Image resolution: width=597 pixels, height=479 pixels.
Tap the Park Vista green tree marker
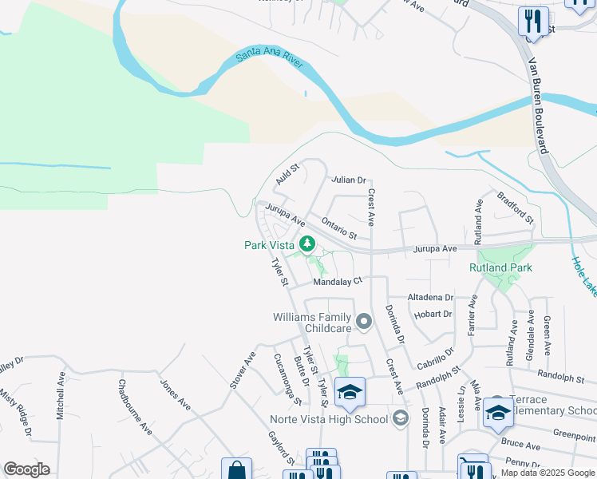click(306, 244)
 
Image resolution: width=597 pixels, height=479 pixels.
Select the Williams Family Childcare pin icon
click(365, 323)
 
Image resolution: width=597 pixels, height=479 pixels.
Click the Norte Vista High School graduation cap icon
click(350, 391)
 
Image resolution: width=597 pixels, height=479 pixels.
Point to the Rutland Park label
click(500, 267)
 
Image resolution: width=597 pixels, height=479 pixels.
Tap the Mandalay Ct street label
click(338, 281)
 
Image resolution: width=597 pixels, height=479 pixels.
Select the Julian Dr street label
click(348, 180)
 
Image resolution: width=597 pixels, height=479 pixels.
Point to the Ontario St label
click(338, 228)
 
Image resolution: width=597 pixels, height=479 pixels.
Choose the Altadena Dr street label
click(430, 297)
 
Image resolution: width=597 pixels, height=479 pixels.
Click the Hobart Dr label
click(433, 315)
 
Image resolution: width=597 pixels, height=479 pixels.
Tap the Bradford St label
click(515, 206)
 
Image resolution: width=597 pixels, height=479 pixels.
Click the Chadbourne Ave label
click(135, 406)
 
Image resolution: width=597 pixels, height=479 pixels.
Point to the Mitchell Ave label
click(61, 396)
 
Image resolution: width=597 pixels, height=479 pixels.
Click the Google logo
click(26, 469)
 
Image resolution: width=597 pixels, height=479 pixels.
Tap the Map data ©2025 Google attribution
click(547, 473)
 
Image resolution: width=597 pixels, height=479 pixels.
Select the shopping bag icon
click(237, 469)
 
